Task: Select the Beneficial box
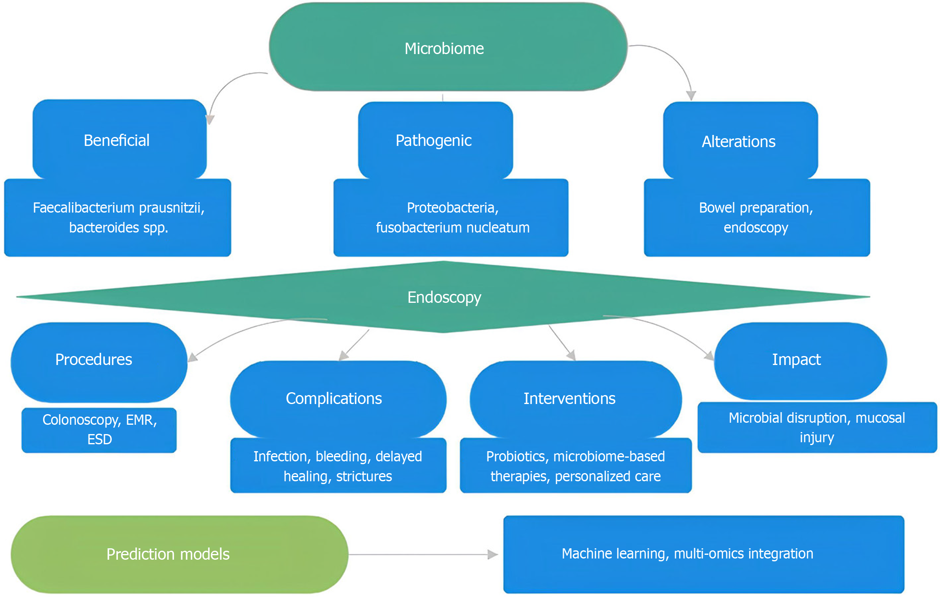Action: pyautogui.click(x=118, y=140)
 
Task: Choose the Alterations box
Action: pyautogui.click(x=739, y=141)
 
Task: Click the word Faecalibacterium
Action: pyautogui.click(x=83, y=208)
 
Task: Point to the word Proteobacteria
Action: pyautogui.click(x=451, y=208)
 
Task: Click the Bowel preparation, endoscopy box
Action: pyautogui.click(x=756, y=217)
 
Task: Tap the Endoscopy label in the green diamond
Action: pyautogui.click(x=444, y=297)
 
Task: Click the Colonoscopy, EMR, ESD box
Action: pyautogui.click(x=100, y=430)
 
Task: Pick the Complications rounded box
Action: pyautogui.click(x=337, y=398)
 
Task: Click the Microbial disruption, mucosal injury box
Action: pyautogui.click(x=817, y=427)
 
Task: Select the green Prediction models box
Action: pyautogui.click(x=179, y=554)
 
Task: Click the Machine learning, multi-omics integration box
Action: pyautogui.click(x=703, y=554)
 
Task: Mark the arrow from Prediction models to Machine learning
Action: pyautogui.click(x=422, y=554)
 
